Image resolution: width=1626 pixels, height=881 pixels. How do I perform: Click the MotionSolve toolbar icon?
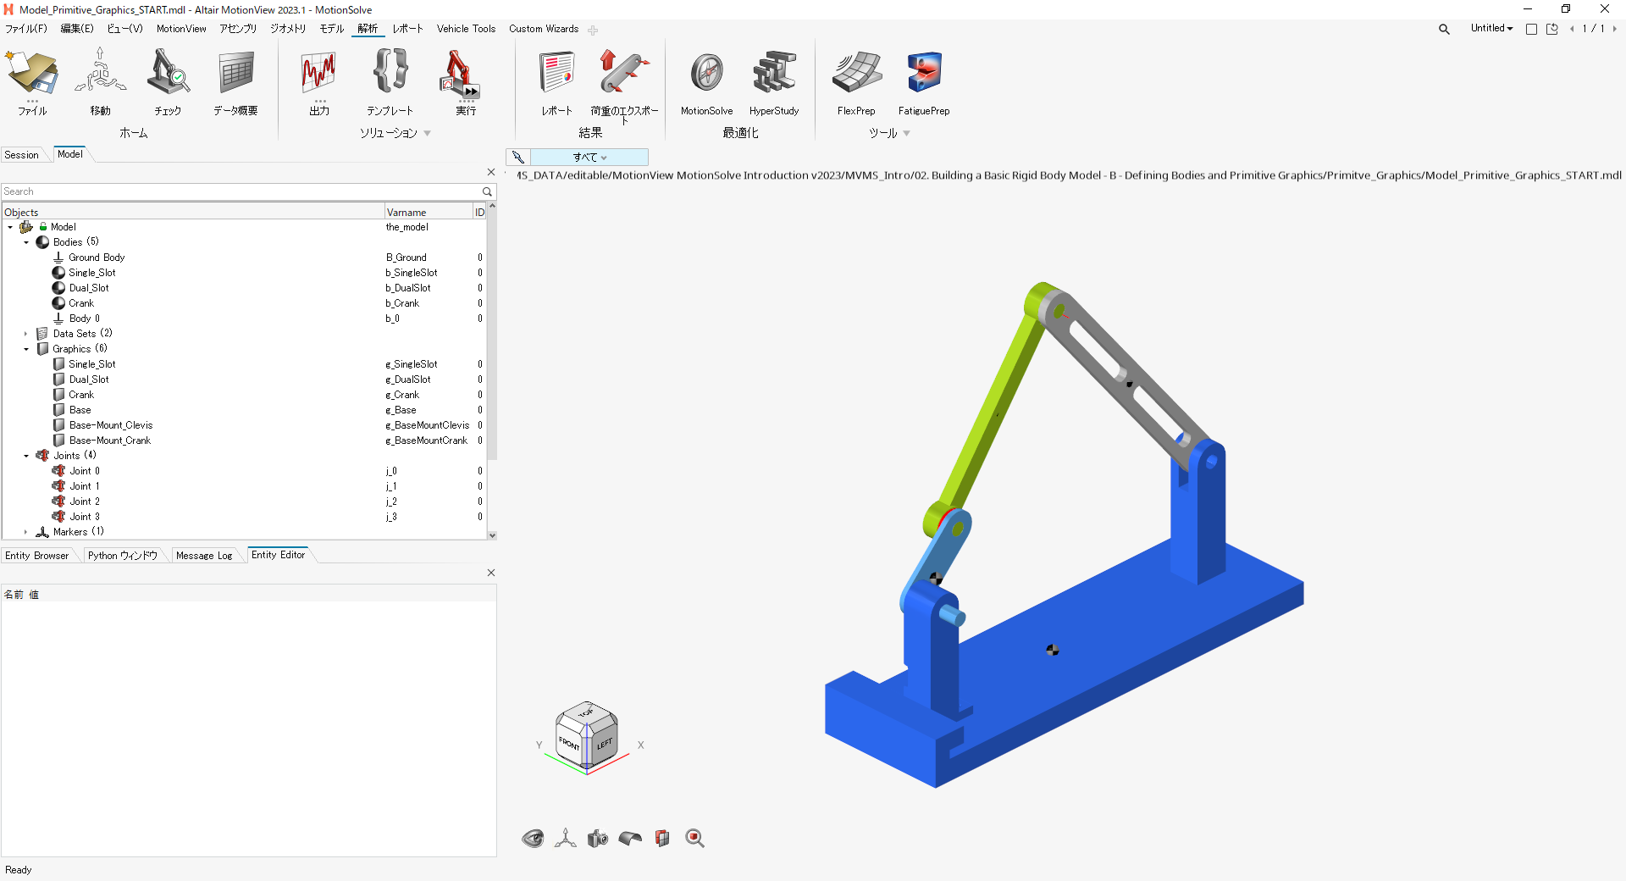click(706, 73)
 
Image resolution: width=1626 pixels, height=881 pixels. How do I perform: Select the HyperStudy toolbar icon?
click(774, 73)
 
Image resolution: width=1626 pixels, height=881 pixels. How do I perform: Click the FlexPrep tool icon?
click(856, 73)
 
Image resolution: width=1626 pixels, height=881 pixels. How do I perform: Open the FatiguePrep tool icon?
click(924, 73)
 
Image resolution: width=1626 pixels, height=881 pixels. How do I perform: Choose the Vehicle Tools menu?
click(466, 29)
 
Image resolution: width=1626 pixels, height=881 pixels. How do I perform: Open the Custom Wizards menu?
click(544, 29)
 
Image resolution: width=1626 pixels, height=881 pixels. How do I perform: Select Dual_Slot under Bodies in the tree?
click(89, 288)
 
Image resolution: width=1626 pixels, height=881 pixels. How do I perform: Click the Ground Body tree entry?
click(97, 258)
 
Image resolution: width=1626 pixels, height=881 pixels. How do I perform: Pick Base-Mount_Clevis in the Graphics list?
click(111, 425)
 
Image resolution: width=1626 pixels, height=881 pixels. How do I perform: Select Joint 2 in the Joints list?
click(85, 501)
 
